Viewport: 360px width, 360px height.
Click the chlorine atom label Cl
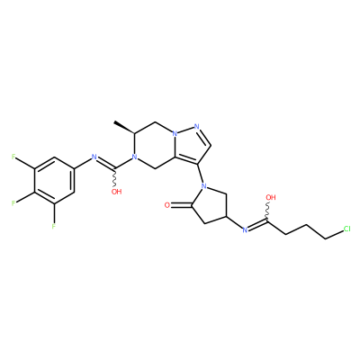pos(346,229)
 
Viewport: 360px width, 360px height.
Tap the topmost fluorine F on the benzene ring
pos(13,157)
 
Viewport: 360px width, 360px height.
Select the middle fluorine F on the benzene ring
pos(13,203)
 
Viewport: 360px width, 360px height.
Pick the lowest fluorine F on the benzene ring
pos(54,226)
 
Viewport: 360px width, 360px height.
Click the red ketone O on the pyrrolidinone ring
pos(167,205)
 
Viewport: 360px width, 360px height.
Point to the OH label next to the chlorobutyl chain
pos(271,197)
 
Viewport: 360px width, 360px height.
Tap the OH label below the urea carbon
pos(116,192)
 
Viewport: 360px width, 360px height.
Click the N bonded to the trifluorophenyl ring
pos(94,157)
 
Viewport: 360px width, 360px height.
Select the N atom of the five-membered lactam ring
pos(204,186)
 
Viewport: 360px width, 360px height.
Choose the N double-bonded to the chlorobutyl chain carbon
pos(245,230)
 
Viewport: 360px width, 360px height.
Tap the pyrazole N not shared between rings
pos(197,126)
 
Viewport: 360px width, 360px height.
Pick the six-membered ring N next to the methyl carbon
pos(135,157)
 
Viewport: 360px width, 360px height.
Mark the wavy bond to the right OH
pos(267,212)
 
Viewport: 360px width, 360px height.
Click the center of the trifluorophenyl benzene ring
pos(54,180)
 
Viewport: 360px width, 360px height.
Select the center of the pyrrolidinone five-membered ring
pos(210,205)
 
